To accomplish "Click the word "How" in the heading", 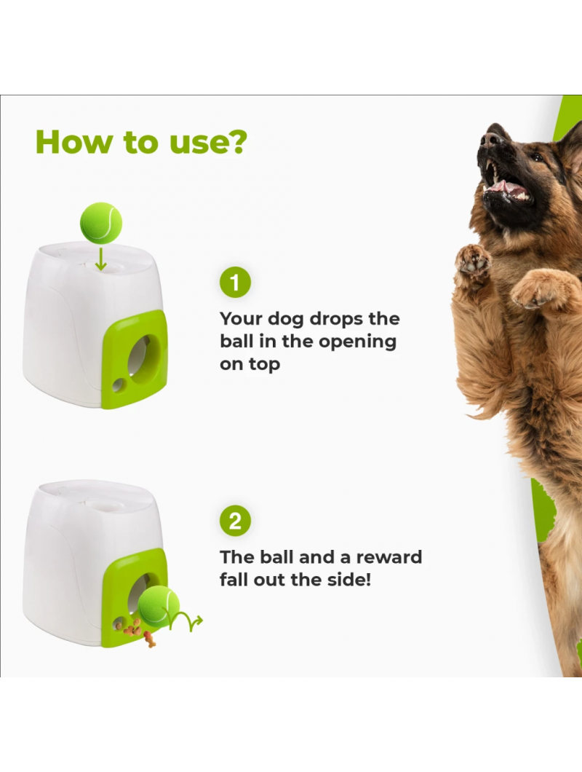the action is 73,142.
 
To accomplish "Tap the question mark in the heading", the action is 238,142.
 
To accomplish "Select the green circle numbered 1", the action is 235,283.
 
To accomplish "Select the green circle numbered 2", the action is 235,521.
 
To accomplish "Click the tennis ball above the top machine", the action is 101,223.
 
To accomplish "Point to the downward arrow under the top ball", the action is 101,259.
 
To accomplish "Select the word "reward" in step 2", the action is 389,557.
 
